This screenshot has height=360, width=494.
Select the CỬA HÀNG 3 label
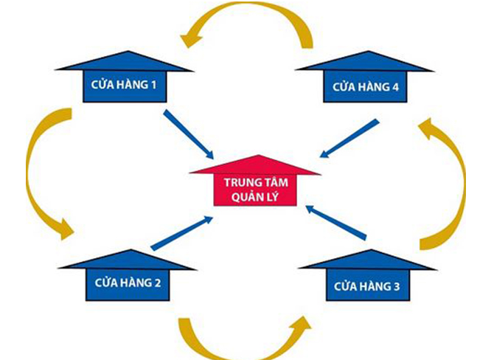(363, 285)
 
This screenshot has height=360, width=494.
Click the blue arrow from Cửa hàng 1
(188, 134)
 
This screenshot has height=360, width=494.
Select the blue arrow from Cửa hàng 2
(181, 233)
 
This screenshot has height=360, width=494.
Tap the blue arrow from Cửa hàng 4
(349, 138)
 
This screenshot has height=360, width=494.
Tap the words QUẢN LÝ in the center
(255, 197)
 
